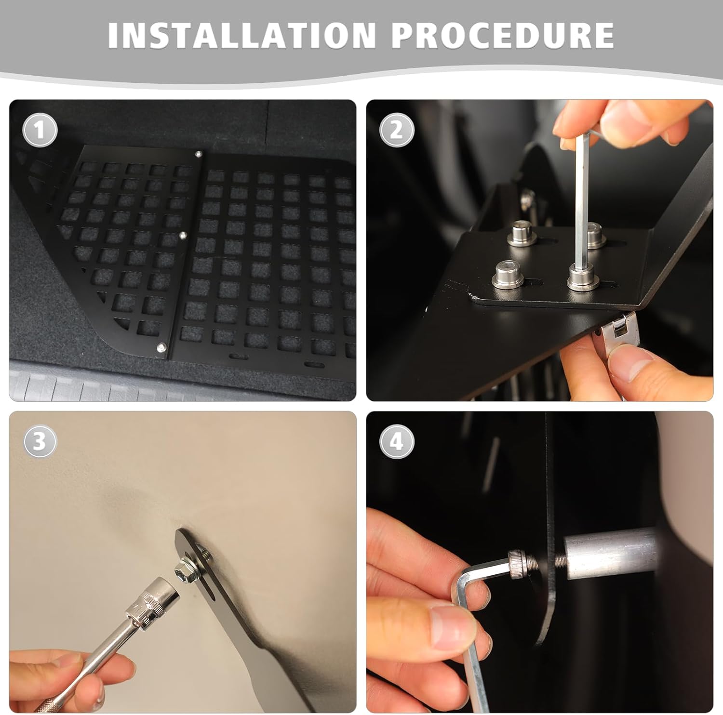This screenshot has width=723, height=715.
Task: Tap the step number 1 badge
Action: [x=40, y=130]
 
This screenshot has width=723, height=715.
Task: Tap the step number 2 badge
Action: [x=396, y=130]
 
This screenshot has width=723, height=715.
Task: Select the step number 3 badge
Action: [x=40, y=441]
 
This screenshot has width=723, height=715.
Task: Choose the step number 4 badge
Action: [x=396, y=441]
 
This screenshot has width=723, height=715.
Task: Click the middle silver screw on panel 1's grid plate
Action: [x=183, y=235]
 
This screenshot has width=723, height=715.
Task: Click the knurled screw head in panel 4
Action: [x=518, y=564]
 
